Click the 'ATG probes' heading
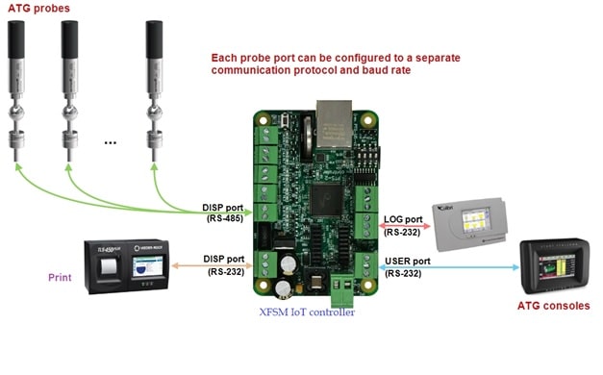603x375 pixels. coord(40,9)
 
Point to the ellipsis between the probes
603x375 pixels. coord(109,142)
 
